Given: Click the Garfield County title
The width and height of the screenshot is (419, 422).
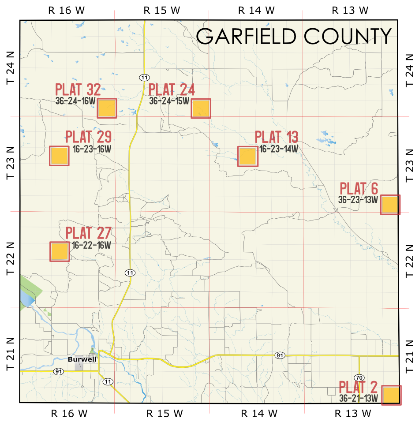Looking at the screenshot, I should click(x=293, y=36).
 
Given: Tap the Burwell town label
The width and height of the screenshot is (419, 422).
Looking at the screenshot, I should click(x=82, y=359).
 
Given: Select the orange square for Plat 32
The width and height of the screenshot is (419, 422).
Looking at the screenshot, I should click(x=107, y=108).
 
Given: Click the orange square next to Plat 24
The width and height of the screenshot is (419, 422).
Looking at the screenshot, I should click(x=201, y=108).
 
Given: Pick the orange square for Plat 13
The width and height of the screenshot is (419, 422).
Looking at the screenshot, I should click(x=247, y=156).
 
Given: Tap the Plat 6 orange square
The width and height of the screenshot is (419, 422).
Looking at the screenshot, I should click(x=390, y=205).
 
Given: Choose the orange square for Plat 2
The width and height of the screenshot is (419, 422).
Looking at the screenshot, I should click(x=391, y=395).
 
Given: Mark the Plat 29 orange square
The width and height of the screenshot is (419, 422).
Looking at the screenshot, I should click(x=59, y=156).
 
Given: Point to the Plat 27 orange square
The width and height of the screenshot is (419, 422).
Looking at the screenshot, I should click(x=60, y=252).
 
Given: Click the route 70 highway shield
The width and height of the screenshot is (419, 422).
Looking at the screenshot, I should click(x=359, y=377).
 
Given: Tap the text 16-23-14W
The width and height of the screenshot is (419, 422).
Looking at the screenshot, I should click(x=279, y=149).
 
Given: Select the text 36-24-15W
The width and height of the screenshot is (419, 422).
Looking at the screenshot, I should click(x=169, y=101).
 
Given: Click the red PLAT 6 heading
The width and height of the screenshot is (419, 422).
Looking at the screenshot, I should click(x=359, y=188).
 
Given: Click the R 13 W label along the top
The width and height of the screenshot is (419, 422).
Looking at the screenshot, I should click(x=350, y=10).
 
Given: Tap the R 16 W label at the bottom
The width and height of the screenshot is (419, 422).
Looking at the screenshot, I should click(x=69, y=414).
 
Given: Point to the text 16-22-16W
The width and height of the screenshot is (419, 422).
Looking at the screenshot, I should click(x=91, y=245).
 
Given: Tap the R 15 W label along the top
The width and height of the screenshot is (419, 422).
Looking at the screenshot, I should click(x=162, y=10).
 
